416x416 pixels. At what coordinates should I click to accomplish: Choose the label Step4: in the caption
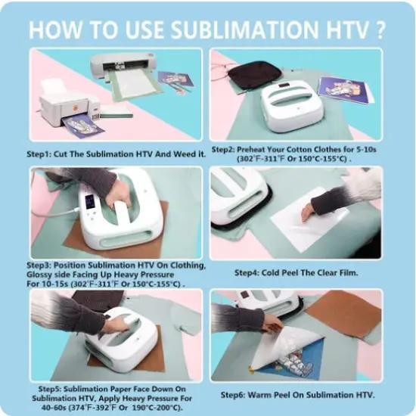click(x=250, y=272)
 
